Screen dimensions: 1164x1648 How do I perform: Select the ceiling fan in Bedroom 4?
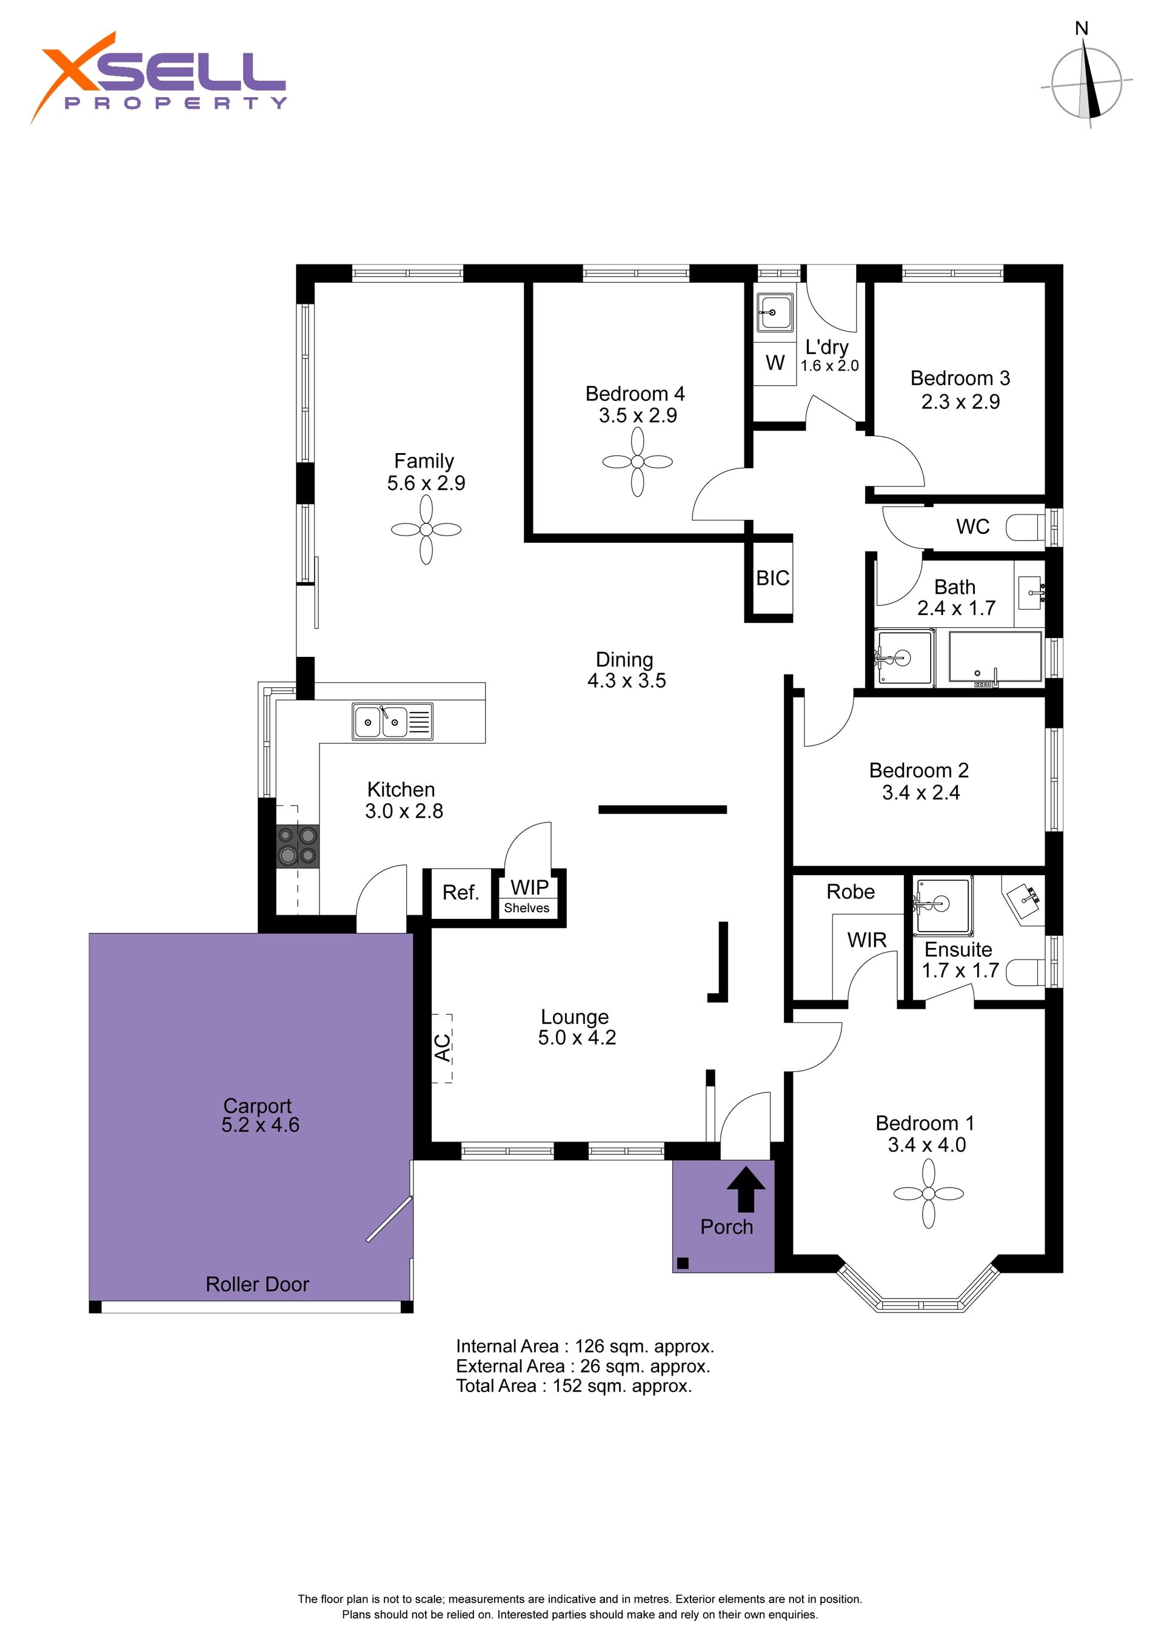(x=637, y=462)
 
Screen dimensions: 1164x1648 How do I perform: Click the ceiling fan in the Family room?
(x=426, y=530)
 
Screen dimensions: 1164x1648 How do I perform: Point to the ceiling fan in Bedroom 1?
(x=928, y=1194)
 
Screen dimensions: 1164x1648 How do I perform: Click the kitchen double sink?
(x=392, y=721)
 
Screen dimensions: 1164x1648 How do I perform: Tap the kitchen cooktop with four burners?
(x=298, y=846)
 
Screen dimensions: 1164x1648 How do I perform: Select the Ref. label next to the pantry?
(x=460, y=893)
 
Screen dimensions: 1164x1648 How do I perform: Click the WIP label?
(x=530, y=887)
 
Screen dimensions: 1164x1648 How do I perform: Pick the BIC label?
(x=772, y=578)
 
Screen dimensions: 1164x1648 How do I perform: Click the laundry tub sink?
(x=775, y=313)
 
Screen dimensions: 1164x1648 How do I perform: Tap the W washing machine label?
(x=775, y=363)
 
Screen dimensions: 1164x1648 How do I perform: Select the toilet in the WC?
(x=1026, y=528)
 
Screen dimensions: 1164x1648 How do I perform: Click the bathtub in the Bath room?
(x=995, y=656)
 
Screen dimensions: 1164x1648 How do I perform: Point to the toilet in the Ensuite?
(x=1026, y=972)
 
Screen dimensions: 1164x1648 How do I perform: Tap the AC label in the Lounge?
(x=443, y=1048)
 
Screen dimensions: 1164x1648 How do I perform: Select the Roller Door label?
(x=257, y=1284)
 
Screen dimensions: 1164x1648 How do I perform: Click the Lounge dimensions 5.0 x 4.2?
(x=577, y=1037)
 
